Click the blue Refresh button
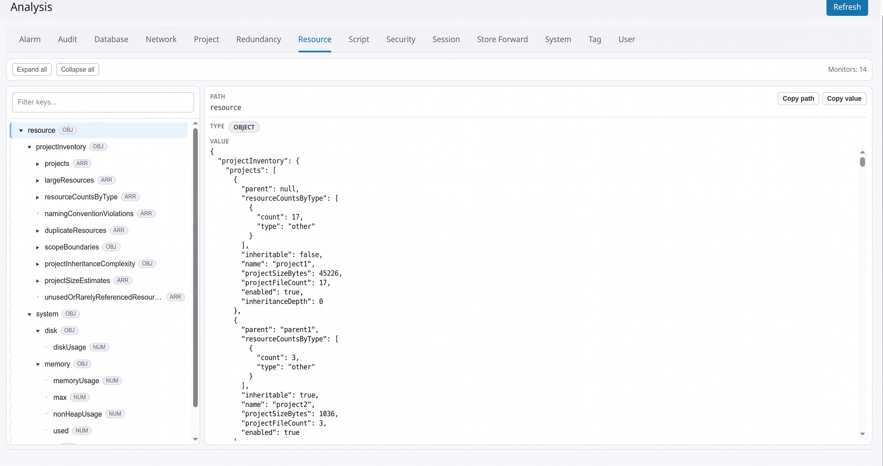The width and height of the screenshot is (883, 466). tap(847, 7)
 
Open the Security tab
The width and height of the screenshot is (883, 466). tap(401, 39)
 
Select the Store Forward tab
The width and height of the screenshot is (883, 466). tap(502, 39)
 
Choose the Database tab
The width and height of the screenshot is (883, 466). tap(111, 39)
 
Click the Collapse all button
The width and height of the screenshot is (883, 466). tap(78, 69)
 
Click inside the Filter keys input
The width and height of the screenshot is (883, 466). tap(103, 102)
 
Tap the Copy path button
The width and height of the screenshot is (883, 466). tap(798, 99)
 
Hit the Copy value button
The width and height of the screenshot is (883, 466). tap(844, 99)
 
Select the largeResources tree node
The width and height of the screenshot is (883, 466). tap(69, 180)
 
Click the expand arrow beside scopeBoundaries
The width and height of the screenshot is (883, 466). tap(38, 247)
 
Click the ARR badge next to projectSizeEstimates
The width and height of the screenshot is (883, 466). tap(123, 280)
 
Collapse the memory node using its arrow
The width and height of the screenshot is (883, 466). tap(38, 364)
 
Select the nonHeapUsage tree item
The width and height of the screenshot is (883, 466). tap(78, 414)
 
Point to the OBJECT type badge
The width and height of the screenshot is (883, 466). tap(244, 127)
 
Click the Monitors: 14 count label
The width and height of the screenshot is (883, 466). tap(847, 69)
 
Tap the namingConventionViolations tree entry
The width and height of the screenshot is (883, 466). tap(89, 214)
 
